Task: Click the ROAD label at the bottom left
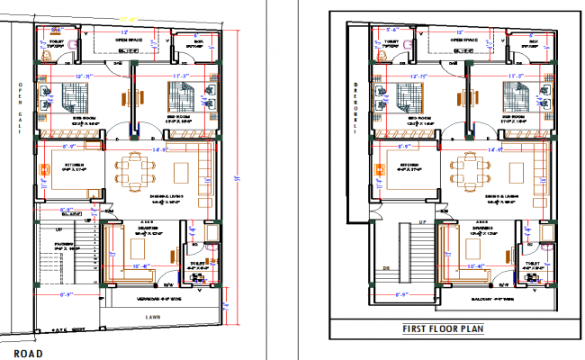coord(29,354)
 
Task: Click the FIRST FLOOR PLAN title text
coord(443,328)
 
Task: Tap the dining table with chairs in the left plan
coord(135,167)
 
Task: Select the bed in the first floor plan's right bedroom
coord(514,96)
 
